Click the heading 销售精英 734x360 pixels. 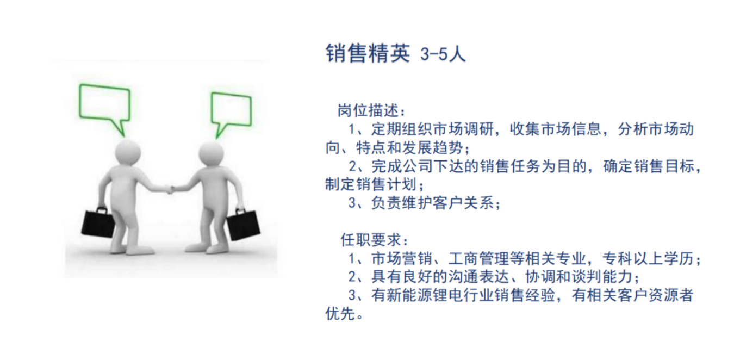pos(368,53)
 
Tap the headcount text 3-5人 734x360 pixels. pos(443,54)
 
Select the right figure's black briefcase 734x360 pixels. pos(243,224)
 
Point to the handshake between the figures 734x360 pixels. pos(170,189)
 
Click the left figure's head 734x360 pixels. pos(128,153)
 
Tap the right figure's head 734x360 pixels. pos(212,154)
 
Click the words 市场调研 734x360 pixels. pos(464,129)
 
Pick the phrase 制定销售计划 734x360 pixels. pos(371,184)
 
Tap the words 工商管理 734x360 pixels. pos(479,259)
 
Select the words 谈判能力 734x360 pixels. pos(602,277)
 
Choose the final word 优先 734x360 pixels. pos(340,314)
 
